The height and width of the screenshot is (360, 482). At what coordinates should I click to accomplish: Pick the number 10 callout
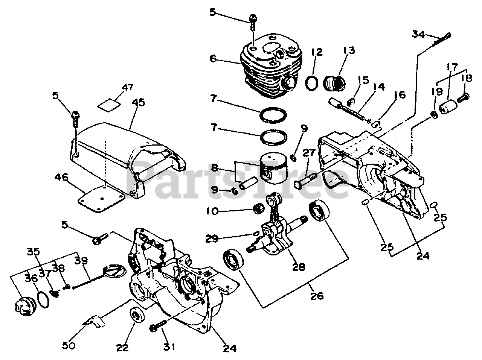212,211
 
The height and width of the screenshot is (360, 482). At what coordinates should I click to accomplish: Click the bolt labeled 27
304,181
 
